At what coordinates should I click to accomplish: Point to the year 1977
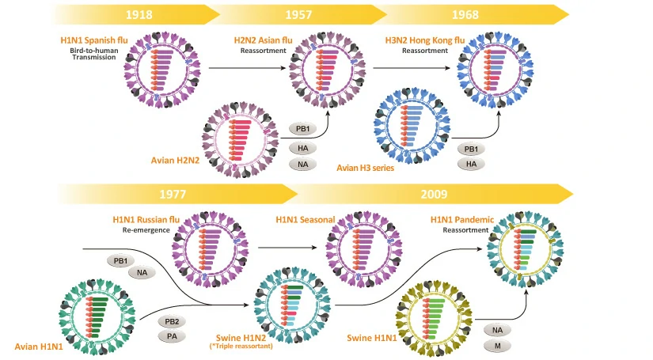coord(177,194)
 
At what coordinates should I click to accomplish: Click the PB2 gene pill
coord(172,321)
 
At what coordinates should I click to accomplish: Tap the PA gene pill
coord(172,336)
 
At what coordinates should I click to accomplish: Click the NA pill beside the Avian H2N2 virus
coord(303,164)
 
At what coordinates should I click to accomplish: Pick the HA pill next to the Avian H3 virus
coord(470,164)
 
